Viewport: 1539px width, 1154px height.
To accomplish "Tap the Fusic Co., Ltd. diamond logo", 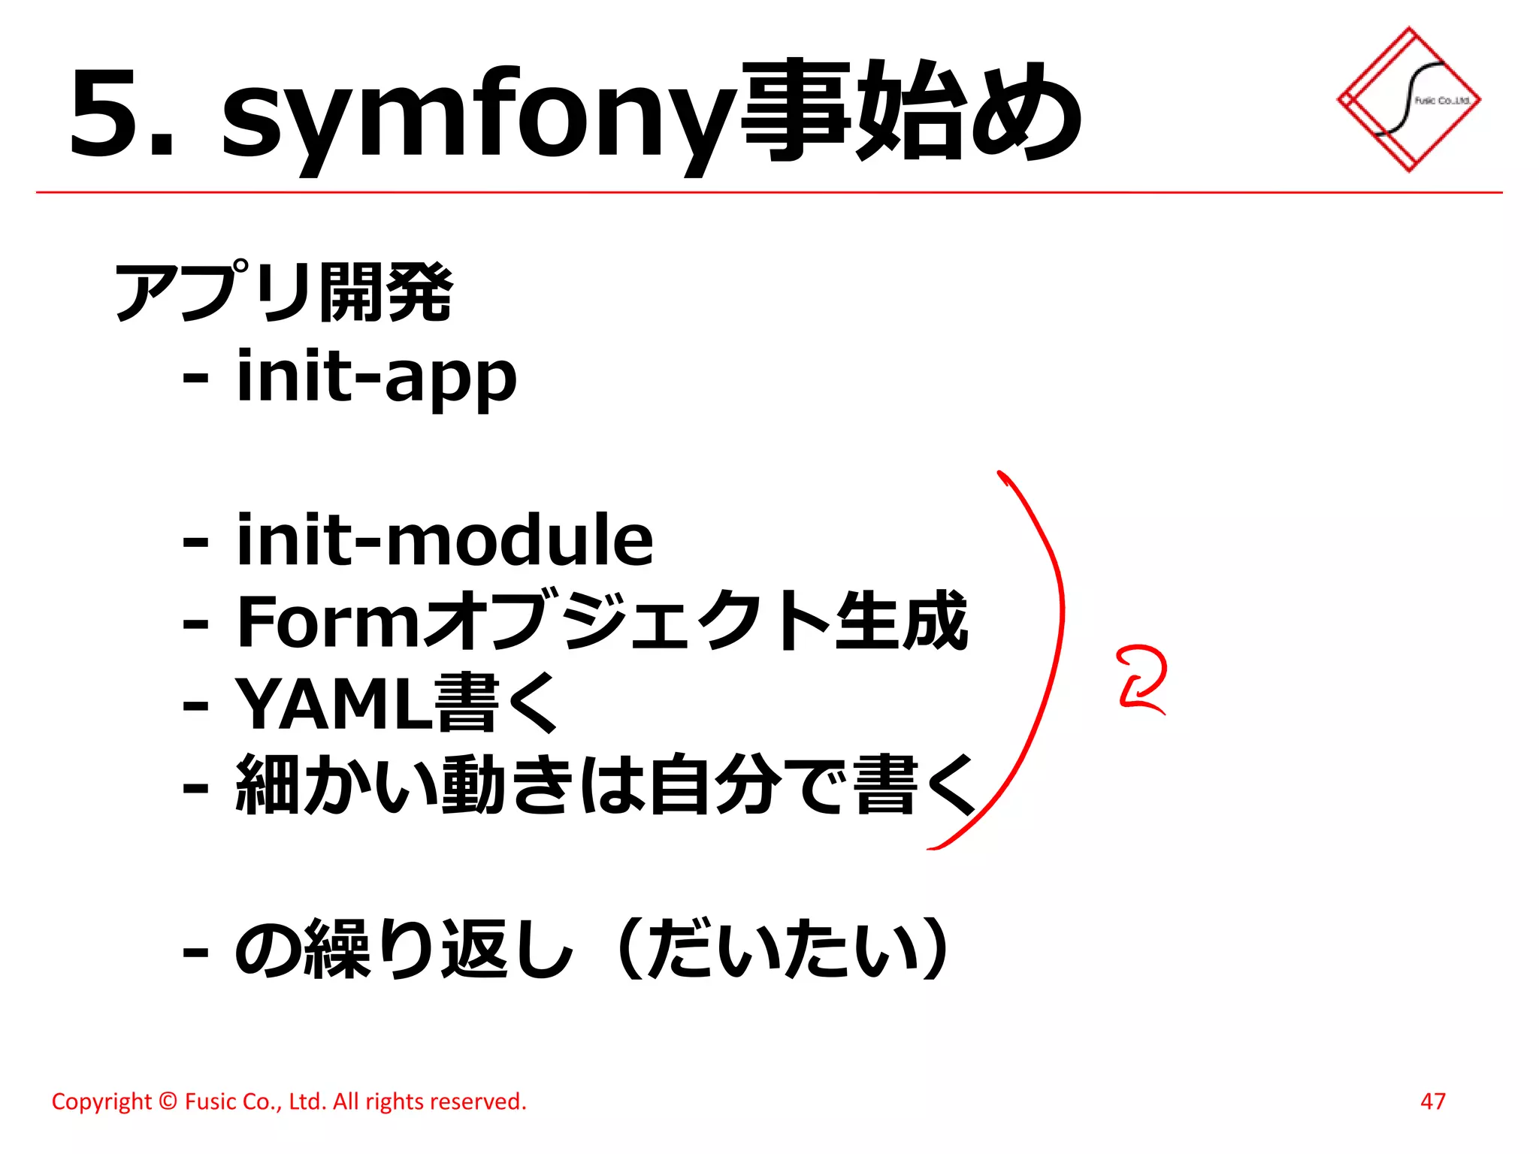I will click(x=1408, y=99).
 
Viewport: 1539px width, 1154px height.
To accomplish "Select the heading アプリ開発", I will click(x=283, y=292).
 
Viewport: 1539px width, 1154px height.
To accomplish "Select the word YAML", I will click(x=333, y=704).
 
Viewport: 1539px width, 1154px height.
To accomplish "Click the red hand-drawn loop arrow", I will click(x=1141, y=678).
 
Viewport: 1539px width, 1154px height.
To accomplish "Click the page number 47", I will click(x=1432, y=1101).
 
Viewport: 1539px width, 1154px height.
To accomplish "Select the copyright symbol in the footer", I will click(x=168, y=1101).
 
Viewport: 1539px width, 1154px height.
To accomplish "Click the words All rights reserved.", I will click(x=429, y=1101).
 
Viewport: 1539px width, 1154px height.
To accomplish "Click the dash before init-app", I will click(x=195, y=377).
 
